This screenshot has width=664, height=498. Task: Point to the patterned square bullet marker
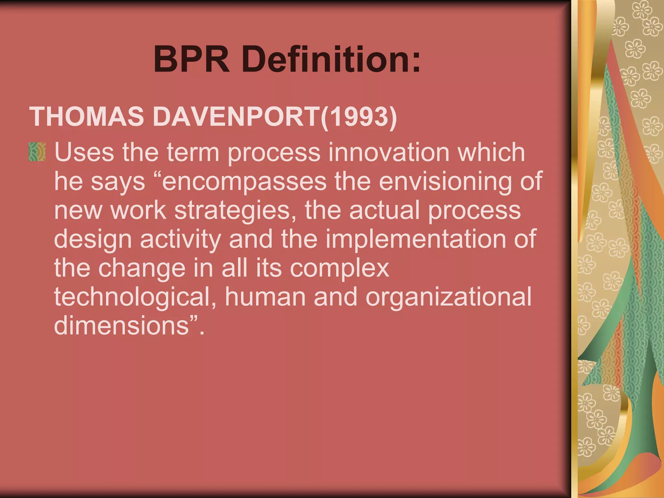[37, 152]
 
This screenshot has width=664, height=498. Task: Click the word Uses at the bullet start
[84, 152]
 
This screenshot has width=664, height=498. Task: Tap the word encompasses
[244, 181]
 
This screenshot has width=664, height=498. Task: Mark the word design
[93, 239]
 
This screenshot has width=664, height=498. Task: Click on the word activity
[181, 239]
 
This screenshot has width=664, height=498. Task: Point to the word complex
[339, 268]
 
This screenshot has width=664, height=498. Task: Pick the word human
[265, 297]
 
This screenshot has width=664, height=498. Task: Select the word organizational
[449, 297]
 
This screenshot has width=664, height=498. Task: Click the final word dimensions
[122, 325]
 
